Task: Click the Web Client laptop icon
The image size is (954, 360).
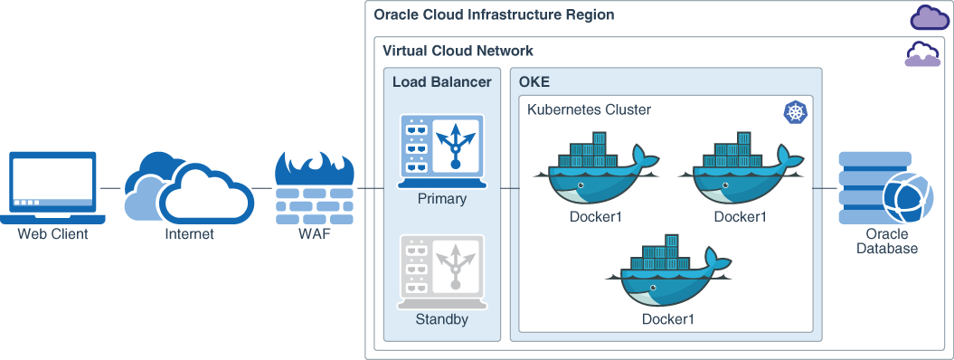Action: [52, 186]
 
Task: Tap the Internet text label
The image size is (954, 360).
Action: [190, 234]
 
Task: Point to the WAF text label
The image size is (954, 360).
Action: [313, 234]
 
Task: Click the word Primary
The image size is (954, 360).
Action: [441, 199]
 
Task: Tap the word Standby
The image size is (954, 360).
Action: [441, 319]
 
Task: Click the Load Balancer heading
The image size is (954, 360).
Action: [441, 82]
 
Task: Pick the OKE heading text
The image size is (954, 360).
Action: [534, 82]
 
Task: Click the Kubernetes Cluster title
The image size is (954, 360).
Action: [589, 110]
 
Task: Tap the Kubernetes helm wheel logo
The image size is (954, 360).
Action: [796, 112]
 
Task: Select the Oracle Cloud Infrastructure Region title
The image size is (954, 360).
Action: [494, 15]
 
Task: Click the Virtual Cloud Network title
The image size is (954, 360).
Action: [458, 51]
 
